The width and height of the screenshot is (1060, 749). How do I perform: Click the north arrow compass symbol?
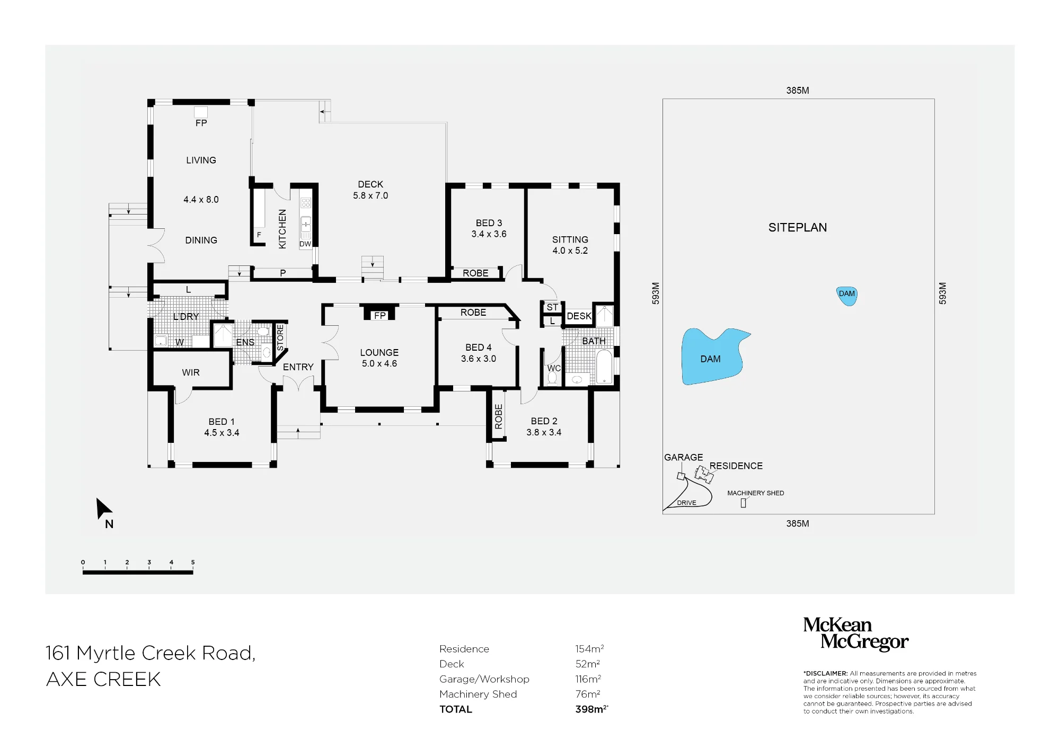pyautogui.click(x=103, y=509)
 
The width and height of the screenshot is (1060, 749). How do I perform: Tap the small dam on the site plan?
pyautogui.click(x=847, y=296)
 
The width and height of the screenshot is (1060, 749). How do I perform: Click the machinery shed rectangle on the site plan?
pyautogui.click(x=743, y=503)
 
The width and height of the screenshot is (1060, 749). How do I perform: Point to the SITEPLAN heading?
pyautogui.click(x=798, y=227)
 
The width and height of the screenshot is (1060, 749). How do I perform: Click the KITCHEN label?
pyautogui.click(x=282, y=229)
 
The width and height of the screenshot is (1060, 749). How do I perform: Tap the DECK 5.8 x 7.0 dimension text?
pyautogui.click(x=370, y=195)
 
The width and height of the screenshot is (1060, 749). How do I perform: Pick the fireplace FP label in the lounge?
pyautogui.click(x=380, y=316)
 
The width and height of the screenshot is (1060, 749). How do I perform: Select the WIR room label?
pyautogui.click(x=191, y=372)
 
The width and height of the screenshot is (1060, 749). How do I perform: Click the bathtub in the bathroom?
pyautogui.click(x=604, y=366)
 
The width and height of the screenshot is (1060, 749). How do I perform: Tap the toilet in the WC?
pyautogui.click(x=552, y=377)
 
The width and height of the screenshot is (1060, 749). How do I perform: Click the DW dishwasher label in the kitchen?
pyautogui.click(x=305, y=244)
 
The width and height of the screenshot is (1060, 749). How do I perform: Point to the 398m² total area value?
pyautogui.click(x=591, y=709)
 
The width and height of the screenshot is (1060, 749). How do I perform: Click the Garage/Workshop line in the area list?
pyautogui.click(x=484, y=679)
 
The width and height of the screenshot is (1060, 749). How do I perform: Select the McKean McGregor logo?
pyautogui.click(x=855, y=634)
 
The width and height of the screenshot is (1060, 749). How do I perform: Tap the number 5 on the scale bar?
pyautogui.click(x=193, y=562)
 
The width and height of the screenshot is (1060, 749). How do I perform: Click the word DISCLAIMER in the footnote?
pyautogui.click(x=826, y=674)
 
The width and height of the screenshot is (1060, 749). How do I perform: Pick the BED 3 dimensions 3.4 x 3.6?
pyautogui.click(x=489, y=234)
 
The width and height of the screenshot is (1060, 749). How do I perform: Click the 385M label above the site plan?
pyautogui.click(x=798, y=91)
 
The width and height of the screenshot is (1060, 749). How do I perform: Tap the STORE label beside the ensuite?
pyautogui.click(x=280, y=337)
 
